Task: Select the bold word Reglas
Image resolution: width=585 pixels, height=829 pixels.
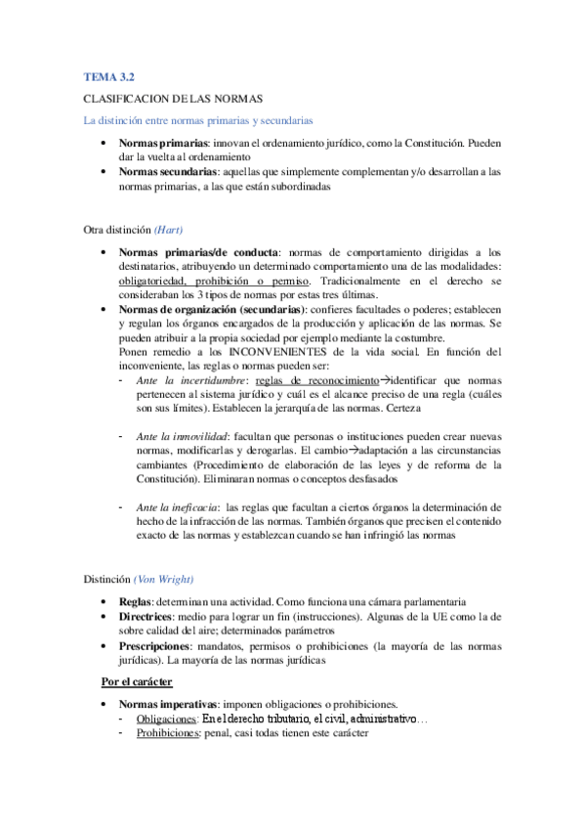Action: pyautogui.click(x=134, y=602)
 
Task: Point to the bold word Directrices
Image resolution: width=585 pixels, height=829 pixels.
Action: pyautogui.click(x=146, y=617)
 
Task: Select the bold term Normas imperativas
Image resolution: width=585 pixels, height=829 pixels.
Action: pyautogui.click(x=167, y=704)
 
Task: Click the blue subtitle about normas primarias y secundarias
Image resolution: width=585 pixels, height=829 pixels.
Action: pyautogui.click(x=197, y=121)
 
